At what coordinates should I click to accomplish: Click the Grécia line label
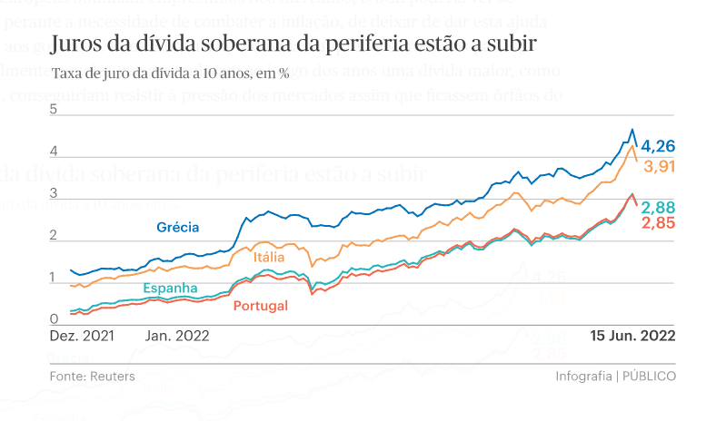tap(177, 227)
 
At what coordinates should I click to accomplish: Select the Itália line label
tap(269, 257)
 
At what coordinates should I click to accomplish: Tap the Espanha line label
tap(170, 288)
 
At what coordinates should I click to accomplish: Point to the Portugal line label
tap(261, 306)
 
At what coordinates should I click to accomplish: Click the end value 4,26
tap(658, 146)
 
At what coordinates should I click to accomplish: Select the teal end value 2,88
tap(658, 207)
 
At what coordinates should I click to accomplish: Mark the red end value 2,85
tap(658, 223)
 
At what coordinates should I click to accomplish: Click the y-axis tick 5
tap(54, 110)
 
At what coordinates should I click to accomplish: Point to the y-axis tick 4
tap(54, 152)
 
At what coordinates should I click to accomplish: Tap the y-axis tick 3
tap(54, 194)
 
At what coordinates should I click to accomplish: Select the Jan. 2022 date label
tap(177, 335)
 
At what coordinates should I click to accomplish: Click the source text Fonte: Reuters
tap(93, 376)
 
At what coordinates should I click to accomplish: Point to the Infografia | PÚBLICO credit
tap(615, 376)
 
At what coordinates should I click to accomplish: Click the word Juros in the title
tap(75, 44)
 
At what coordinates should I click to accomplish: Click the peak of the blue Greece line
tap(632, 129)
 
